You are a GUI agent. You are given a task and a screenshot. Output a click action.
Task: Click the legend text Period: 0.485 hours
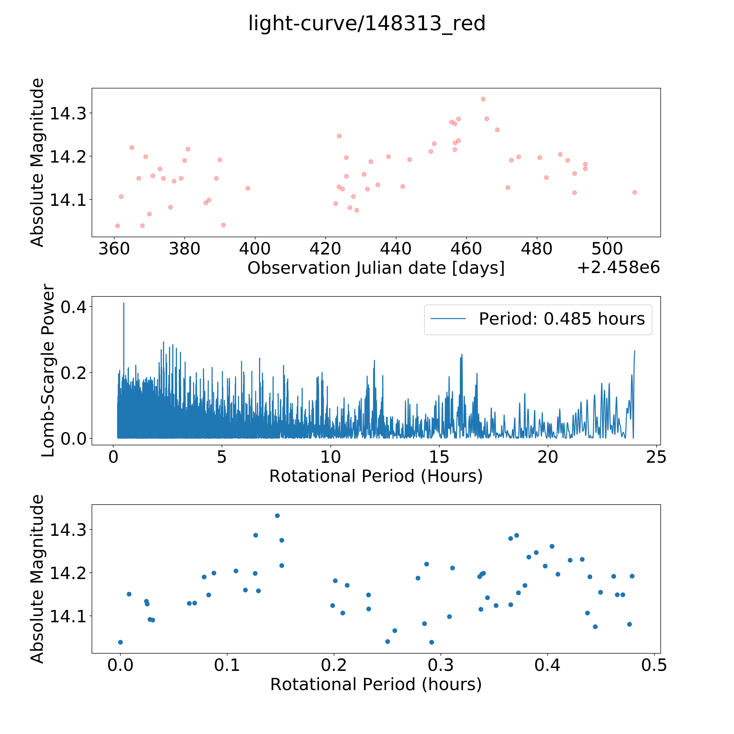(562, 319)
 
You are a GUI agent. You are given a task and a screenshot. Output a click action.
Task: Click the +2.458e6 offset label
(618, 268)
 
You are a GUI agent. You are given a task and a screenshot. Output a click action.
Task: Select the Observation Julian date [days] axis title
(376, 268)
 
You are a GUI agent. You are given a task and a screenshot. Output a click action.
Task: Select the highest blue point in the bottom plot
(277, 516)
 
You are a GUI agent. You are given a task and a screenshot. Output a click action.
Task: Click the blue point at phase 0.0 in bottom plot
(120, 642)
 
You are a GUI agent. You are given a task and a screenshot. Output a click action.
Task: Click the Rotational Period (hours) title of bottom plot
(376, 685)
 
